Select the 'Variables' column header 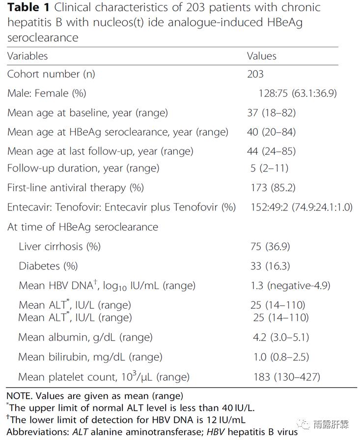coord(28,56)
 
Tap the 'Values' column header coord(261,56)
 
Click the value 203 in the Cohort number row coord(255,74)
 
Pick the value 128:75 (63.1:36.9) coord(298,93)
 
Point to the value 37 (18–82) coord(271,113)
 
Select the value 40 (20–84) coord(271,132)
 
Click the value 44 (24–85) coord(271,151)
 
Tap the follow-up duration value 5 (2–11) coord(269,169)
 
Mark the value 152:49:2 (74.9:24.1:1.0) coord(301,207)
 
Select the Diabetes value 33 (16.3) coord(270,266)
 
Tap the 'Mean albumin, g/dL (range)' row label coord(85,338)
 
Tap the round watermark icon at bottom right coord(306,424)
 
